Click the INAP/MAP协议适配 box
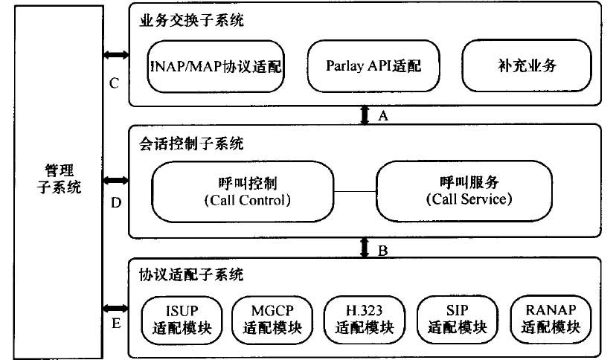pyautogui.click(x=216, y=66)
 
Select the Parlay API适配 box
pyautogui.click(x=373, y=66)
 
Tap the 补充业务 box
pyautogui.click(x=527, y=65)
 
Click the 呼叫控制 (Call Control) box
pyautogui.click(x=243, y=192)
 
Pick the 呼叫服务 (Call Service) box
pyautogui.click(x=464, y=191)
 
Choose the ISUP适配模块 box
pyautogui.click(x=182, y=320)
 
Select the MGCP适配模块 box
pyautogui.click(x=272, y=320)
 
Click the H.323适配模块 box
pyautogui.click(x=365, y=320)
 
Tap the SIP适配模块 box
pyautogui.click(x=458, y=320)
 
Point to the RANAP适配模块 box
pyautogui.click(x=551, y=319)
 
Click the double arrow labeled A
pyautogui.click(x=365, y=115)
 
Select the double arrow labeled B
pyautogui.click(x=365, y=248)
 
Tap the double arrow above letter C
pyautogui.click(x=116, y=55)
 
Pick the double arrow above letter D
pyautogui.click(x=116, y=181)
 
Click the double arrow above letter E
pyautogui.click(x=116, y=309)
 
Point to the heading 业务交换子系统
pyautogui.click(x=191, y=20)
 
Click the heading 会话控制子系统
pyautogui.click(x=191, y=144)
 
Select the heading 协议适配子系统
pyautogui.click(x=191, y=274)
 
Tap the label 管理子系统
pyautogui.click(x=59, y=179)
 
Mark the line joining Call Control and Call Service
pyautogui.click(x=355, y=192)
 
